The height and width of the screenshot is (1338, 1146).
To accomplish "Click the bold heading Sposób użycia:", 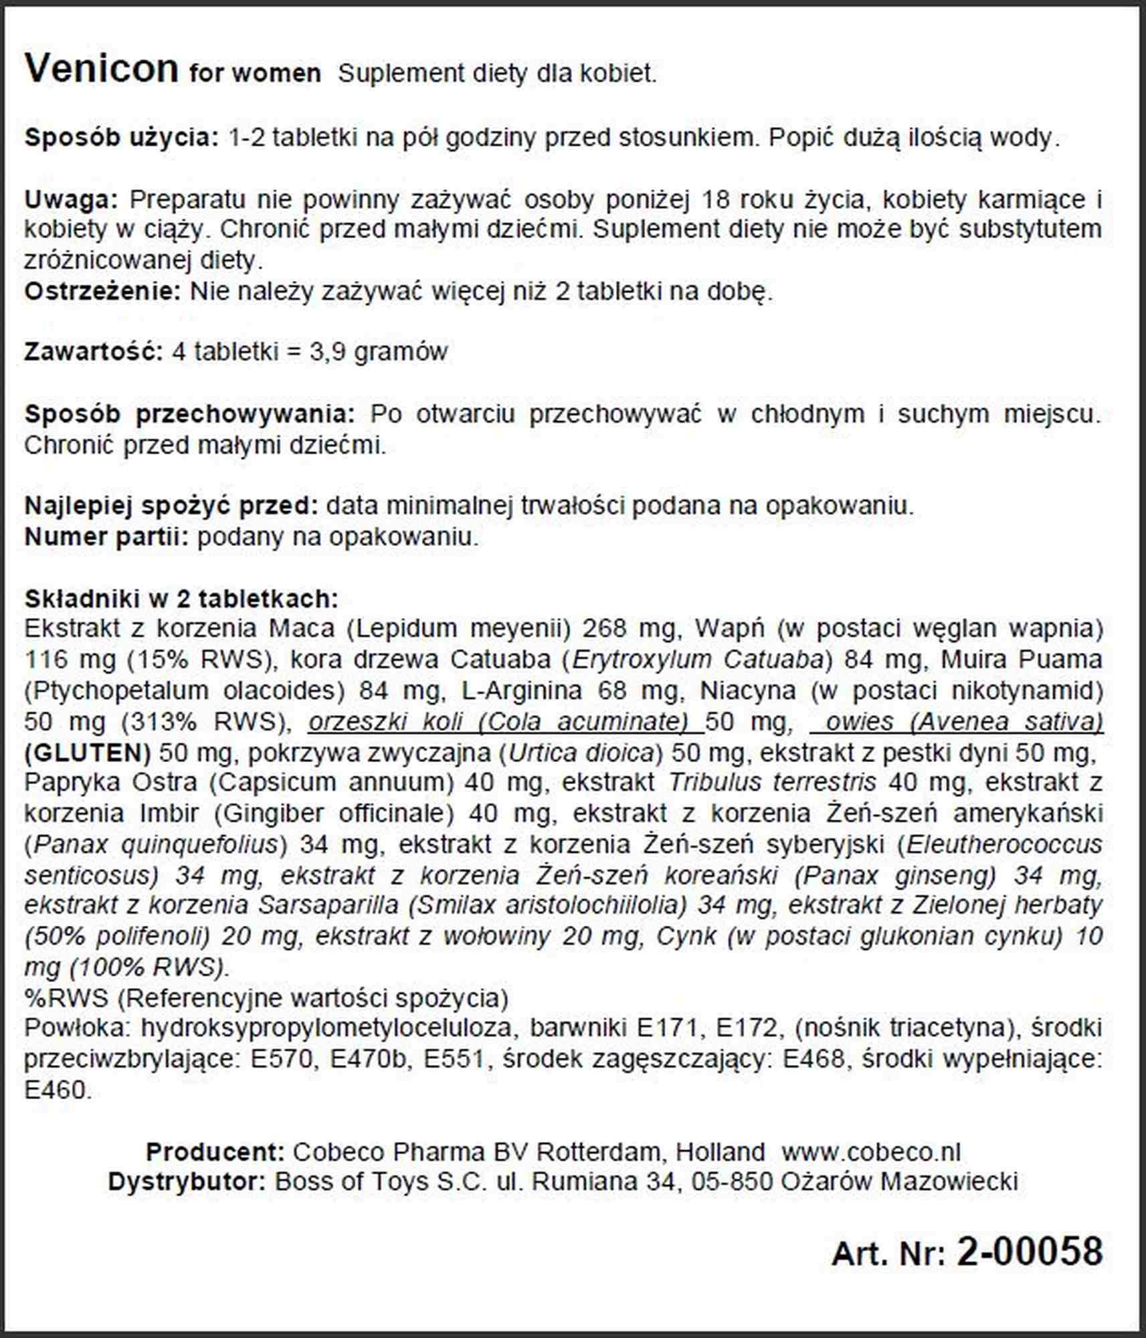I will pyautogui.click(x=121, y=138).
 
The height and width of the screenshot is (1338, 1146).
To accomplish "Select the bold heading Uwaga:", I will pyautogui.click(x=71, y=199).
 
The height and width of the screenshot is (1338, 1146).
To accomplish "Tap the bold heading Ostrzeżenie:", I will pyautogui.click(x=102, y=292).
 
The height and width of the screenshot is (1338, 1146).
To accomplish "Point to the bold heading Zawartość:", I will pyautogui.click(x=94, y=352).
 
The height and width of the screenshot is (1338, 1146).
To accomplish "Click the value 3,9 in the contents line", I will pyautogui.click(x=328, y=352).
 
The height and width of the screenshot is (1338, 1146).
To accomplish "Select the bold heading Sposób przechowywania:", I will pyautogui.click(x=189, y=414).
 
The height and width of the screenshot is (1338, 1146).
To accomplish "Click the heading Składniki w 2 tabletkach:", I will pyautogui.click(x=181, y=598).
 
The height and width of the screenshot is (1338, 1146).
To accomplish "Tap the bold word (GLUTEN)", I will pyautogui.click(x=88, y=753).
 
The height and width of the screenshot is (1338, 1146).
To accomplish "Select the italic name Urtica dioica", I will pyautogui.click(x=581, y=753).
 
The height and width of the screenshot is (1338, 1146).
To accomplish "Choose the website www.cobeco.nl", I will pyautogui.click(x=871, y=1152).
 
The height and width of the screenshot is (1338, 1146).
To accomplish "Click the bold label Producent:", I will pyautogui.click(x=215, y=1152).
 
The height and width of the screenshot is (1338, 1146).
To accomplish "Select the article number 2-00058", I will pyautogui.click(x=1030, y=1251).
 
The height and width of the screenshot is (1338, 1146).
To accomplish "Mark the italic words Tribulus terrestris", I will pyautogui.click(x=772, y=782).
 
